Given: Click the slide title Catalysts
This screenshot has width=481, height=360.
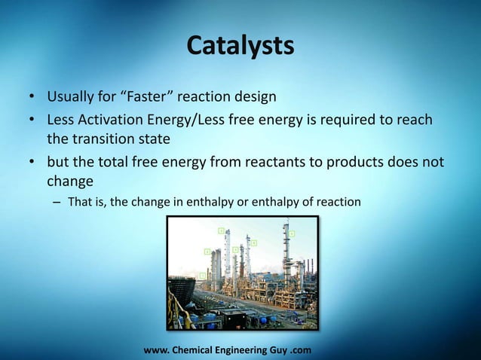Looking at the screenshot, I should [240, 45].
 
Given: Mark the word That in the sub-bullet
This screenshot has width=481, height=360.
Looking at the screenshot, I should [80, 202].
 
